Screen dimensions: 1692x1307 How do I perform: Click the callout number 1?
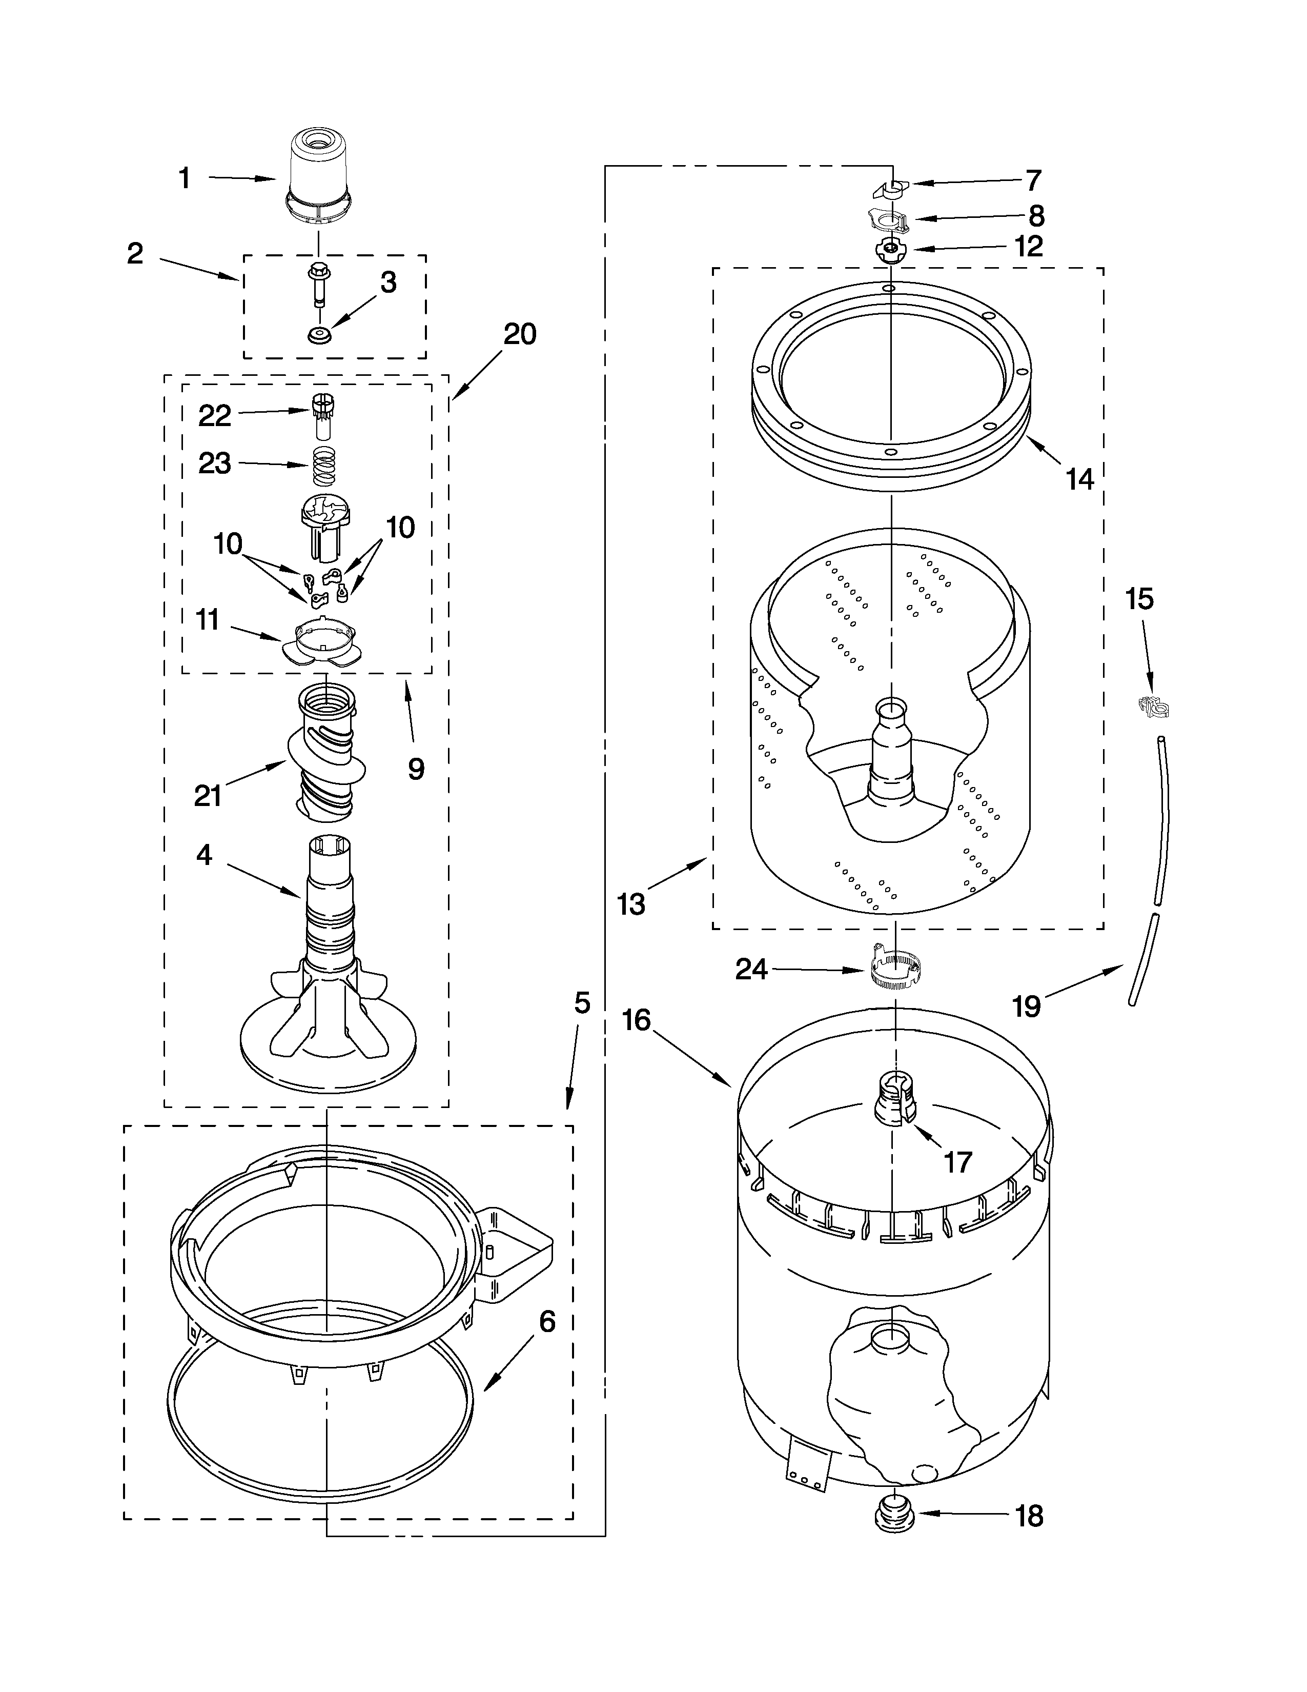[185, 179]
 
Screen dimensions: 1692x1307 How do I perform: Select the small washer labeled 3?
[317, 335]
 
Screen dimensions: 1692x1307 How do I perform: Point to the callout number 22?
[214, 416]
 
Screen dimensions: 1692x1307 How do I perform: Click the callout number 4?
[203, 856]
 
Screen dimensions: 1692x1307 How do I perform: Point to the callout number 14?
[1079, 479]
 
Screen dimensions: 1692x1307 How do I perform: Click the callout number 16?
[637, 1020]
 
